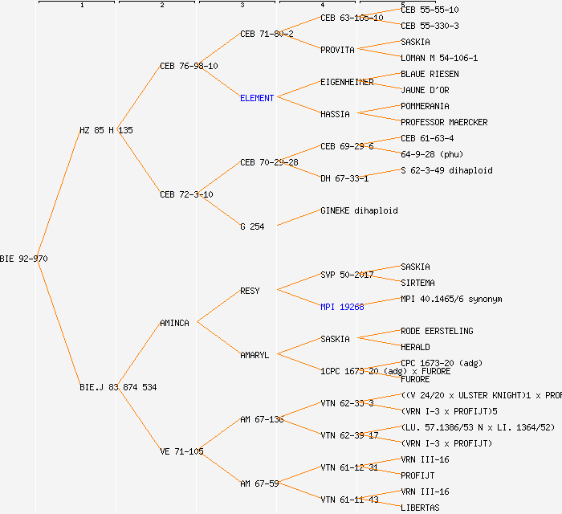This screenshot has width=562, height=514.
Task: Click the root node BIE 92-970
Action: pos(24,259)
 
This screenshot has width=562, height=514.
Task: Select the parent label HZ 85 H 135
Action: pos(106,130)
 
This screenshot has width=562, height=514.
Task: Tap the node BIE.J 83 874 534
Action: pos(118,387)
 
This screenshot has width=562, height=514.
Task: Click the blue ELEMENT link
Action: pos(257,98)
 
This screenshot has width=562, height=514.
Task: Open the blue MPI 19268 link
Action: pos(342,307)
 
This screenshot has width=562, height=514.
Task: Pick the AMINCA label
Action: pos(174,323)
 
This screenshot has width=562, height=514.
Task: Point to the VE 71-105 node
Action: pos(181,451)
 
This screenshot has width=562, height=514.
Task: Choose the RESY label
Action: pos(250,291)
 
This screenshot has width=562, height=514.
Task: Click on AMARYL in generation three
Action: pos(255,355)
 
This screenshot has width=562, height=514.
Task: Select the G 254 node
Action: pos(252,226)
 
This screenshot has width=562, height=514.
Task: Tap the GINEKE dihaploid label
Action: pos(359,210)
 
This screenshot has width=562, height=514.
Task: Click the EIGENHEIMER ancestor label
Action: pos(347,82)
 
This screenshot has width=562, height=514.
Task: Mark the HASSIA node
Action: pos(335,114)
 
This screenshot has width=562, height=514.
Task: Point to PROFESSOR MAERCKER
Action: pos(444,122)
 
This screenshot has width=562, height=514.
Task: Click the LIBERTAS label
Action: pos(420,508)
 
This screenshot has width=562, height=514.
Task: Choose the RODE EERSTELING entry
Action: pos(437,331)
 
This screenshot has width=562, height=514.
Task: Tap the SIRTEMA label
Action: pos(417,283)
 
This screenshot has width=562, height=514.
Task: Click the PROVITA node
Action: pos(337,50)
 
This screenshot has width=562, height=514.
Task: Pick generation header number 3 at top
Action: pos(242,6)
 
